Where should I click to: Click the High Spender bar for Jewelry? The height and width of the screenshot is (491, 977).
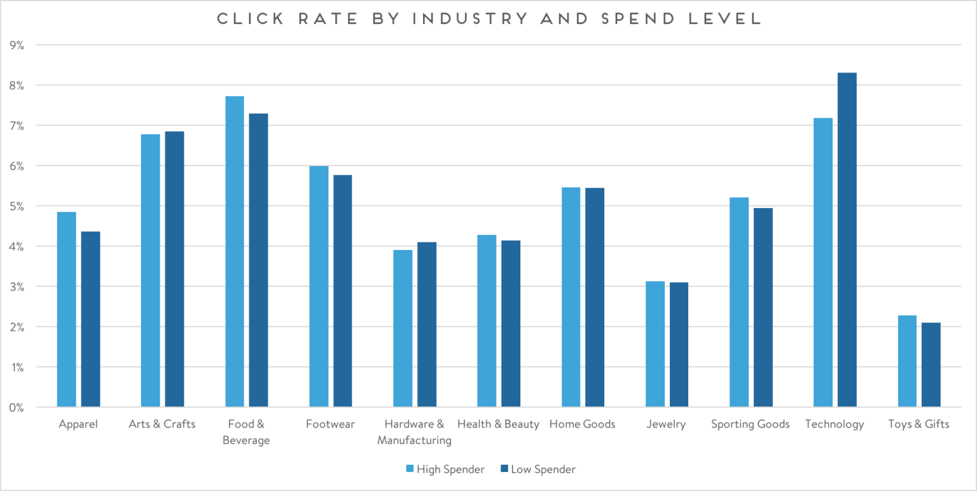point(655,344)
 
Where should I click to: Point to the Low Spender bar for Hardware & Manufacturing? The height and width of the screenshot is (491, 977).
point(427,324)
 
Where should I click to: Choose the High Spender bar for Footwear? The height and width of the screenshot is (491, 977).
point(319,286)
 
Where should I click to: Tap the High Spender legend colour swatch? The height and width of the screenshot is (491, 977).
point(410,469)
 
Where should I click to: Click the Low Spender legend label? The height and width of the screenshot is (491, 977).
point(543,469)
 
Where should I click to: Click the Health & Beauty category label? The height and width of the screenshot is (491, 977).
point(498,424)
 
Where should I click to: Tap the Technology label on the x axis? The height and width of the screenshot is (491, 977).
point(835,424)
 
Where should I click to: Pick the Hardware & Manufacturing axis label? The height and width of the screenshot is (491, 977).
point(414,432)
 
